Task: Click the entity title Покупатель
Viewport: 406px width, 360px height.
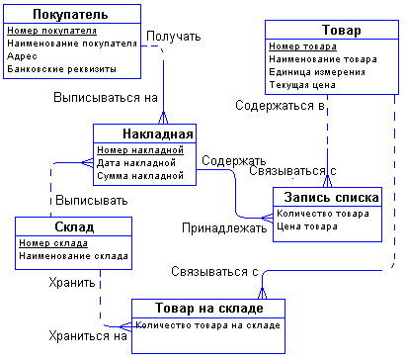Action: point(71,15)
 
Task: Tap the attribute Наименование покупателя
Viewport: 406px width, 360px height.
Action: point(72,44)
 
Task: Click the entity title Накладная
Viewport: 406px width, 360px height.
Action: point(144,134)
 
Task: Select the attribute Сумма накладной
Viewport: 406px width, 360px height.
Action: point(140,175)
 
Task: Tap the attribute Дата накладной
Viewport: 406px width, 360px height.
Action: point(136,162)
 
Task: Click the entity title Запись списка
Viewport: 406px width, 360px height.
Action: point(326,197)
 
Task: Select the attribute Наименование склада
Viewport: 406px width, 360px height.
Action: point(73,255)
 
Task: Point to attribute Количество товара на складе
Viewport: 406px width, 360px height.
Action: point(207,323)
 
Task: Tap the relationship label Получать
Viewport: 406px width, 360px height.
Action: point(174,37)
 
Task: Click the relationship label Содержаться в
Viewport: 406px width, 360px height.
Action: point(280,105)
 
